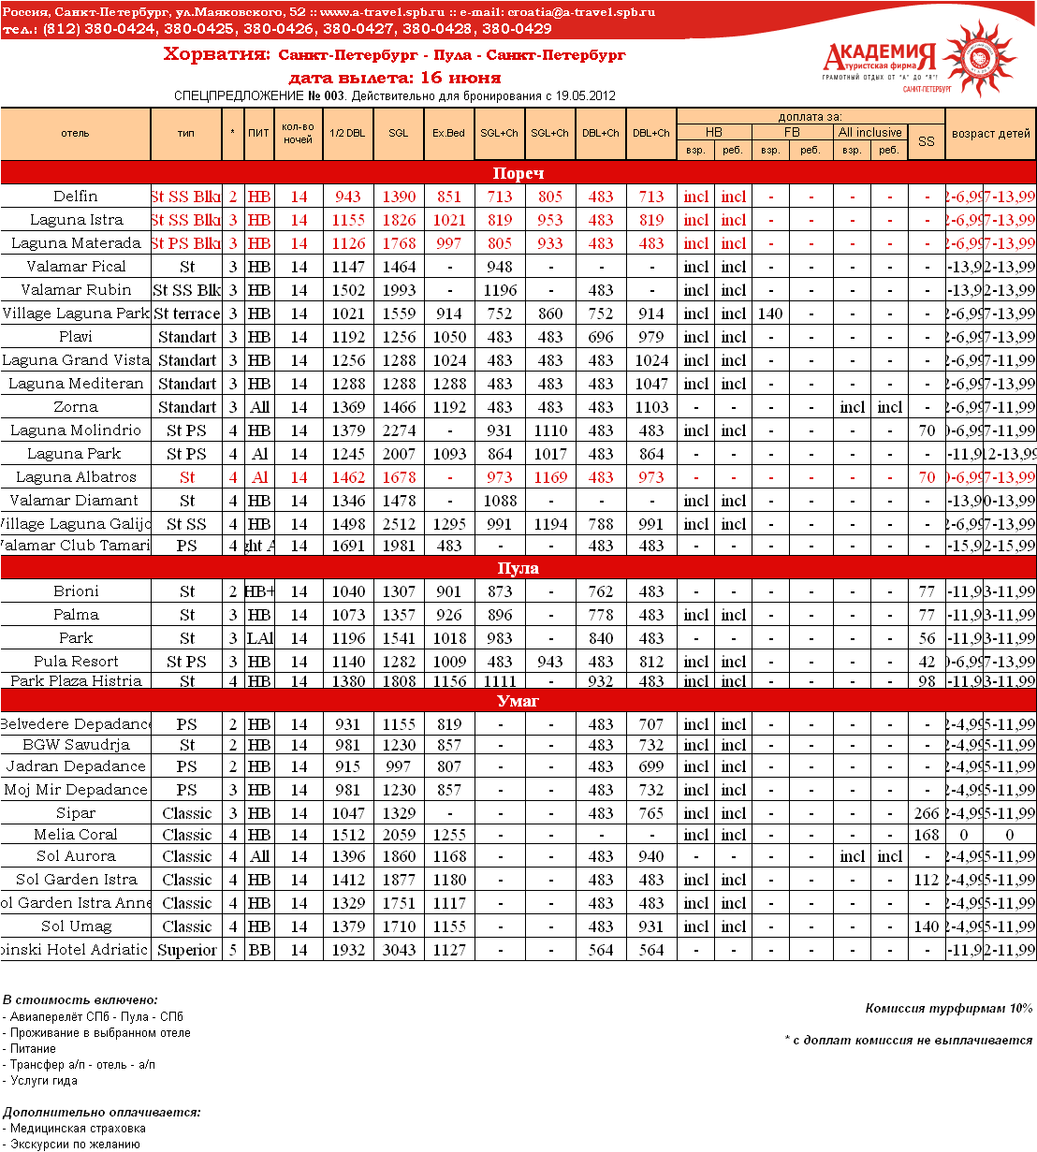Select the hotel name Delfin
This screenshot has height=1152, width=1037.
click(x=76, y=197)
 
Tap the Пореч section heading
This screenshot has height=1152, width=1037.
click(x=518, y=173)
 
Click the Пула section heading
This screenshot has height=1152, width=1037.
click(x=518, y=568)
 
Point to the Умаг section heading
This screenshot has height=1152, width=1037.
click(x=518, y=701)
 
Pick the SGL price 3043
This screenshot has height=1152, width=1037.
click(x=399, y=950)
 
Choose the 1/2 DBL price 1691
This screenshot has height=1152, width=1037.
click(x=348, y=546)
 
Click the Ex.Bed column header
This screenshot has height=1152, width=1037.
click(x=448, y=133)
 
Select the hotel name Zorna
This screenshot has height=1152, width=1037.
click(x=76, y=407)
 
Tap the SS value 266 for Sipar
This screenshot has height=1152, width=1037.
click(x=927, y=814)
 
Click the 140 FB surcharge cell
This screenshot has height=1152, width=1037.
click(x=770, y=314)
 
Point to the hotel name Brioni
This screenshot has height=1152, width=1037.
click(x=76, y=591)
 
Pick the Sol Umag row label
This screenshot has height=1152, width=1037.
click(x=76, y=926)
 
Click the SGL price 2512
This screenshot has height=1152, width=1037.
click(x=399, y=524)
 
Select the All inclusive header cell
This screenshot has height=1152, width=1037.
click(x=869, y=132)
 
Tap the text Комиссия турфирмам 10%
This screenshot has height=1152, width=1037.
click(x=948, y=1008)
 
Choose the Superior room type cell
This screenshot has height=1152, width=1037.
click(x=187, y=950)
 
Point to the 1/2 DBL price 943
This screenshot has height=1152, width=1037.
click(x=348, y=197)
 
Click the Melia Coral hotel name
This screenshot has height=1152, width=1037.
click(x=76, y=835)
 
